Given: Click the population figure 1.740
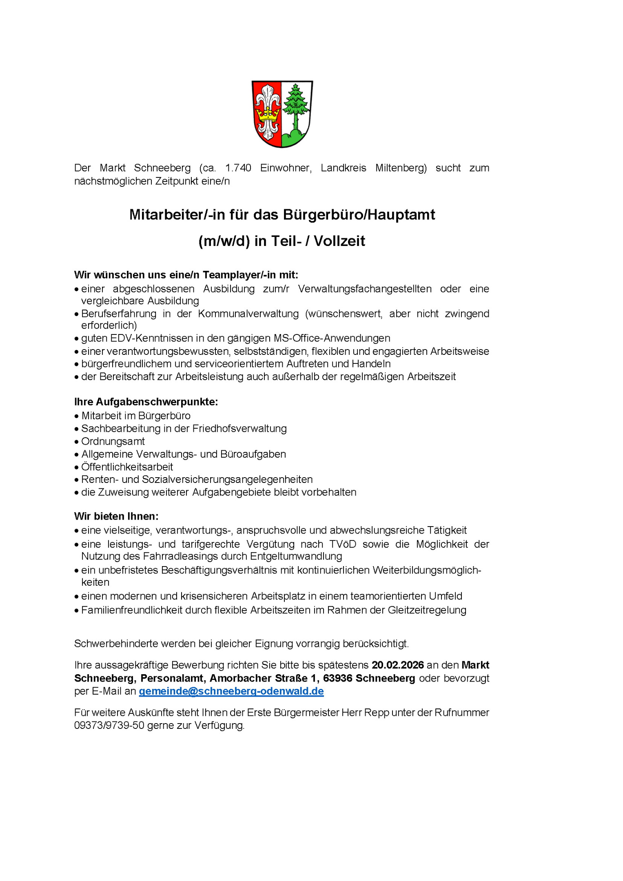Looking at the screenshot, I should point(238,168).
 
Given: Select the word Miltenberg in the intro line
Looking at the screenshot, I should point(401,168).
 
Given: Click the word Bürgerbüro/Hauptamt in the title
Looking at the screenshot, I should point(359,215).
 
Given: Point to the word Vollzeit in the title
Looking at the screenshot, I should point(339,241).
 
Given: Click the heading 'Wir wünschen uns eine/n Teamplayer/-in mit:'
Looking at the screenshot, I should point(186,275).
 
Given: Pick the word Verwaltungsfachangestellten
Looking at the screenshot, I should point(365,289).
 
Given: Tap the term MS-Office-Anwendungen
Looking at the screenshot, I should point(332,338).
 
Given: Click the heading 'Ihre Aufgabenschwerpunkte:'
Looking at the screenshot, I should point(146,402).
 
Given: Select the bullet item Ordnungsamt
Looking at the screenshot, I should point(113,441).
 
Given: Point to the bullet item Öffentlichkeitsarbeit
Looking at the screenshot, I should point(127,467).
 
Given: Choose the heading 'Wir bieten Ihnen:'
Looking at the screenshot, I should point(116,516).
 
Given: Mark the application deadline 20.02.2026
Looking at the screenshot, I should point(398,665).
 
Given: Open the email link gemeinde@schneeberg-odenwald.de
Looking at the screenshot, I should point(231,691).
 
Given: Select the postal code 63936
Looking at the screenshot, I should point(338,678).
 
